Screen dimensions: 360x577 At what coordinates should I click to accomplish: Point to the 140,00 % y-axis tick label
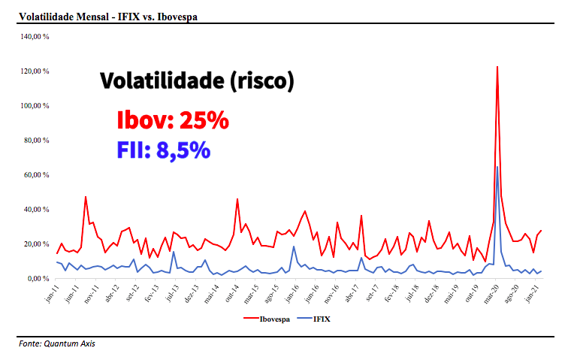35,36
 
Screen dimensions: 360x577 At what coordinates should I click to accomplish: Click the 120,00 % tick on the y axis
35,71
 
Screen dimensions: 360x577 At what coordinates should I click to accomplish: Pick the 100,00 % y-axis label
35,106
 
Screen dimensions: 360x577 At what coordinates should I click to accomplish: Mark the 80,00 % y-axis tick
36,141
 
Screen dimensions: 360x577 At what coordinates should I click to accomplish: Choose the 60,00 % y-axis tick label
36,175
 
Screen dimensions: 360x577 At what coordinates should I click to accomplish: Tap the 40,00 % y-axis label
36,210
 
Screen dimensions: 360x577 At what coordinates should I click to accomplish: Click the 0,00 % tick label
38,279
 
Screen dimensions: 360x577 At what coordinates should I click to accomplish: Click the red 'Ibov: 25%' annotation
173,120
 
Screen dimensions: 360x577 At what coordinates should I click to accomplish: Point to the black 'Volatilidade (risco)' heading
197,81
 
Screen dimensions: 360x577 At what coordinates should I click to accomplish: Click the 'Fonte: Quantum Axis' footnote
58,344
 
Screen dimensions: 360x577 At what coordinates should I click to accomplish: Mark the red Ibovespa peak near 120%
497,68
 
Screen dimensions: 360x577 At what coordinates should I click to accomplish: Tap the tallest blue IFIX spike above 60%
497,168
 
